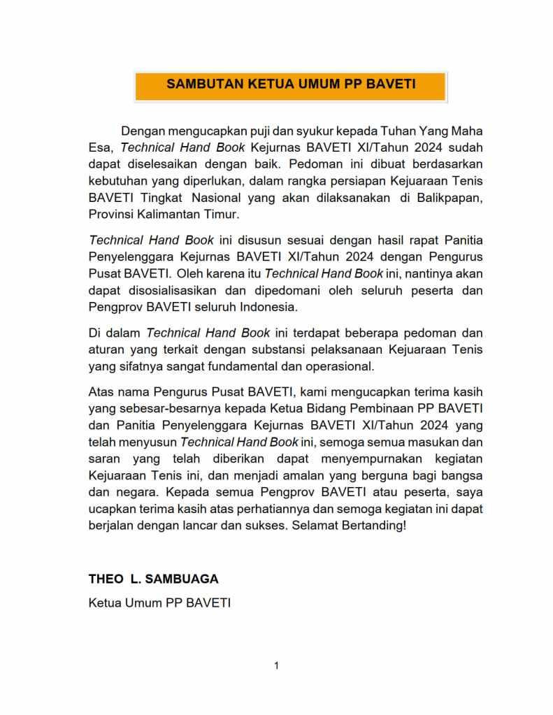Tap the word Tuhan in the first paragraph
(398, 131)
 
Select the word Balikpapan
(447, 198)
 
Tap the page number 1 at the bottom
(277, 666)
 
